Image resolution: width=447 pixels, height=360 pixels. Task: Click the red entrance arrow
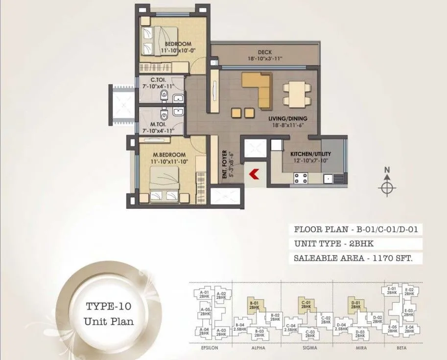pyautogui.click(x=254, y=174)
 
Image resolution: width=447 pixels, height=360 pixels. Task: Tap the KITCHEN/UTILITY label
pyautogui.click(x=303, y=153)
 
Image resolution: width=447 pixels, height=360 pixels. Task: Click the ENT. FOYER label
pyautogui.click(x=224, y=167)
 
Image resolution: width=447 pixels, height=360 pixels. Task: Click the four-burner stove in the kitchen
pyautogui.click(x=299, y=178)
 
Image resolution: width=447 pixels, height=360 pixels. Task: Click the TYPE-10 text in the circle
pyautogui.click(x=107, y=307)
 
